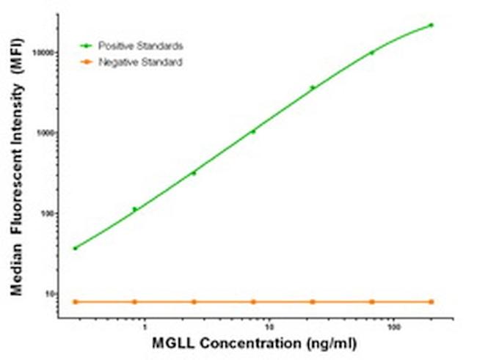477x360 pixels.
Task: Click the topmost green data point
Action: tap(431, 25)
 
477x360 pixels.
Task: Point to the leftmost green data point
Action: tap(75, 248)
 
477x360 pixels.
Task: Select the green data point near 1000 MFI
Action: tap(253, 131)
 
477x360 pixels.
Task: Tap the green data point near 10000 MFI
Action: tap(371, 53)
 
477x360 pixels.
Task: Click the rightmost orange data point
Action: tap(431, 301)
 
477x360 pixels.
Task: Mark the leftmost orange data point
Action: tap(75, 301)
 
